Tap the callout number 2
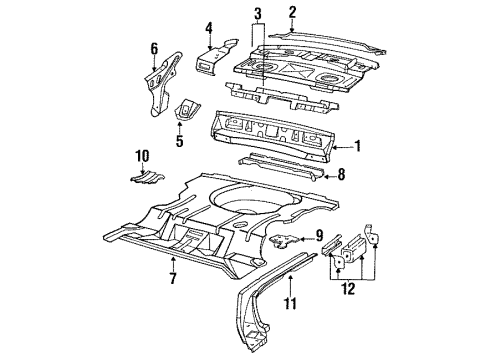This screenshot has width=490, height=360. [292, 13]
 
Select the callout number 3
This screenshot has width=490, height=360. [257, 13]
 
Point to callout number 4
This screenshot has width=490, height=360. [208, 27]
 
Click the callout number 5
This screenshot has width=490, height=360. [180, 141]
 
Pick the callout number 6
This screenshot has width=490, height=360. [154, 48]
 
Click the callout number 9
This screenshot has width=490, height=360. [319, 236]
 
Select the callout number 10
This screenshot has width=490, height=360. [142, 156]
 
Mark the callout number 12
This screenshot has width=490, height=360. [349, 290]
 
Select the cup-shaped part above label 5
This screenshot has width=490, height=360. [186, 111]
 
